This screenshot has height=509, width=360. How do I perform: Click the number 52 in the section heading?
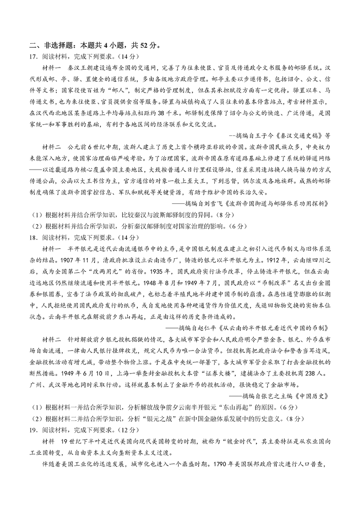(136, 45)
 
